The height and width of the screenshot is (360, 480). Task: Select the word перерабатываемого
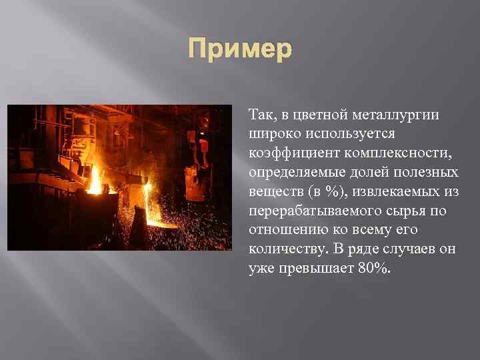click(308, 211)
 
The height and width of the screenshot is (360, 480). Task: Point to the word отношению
click(282, 231)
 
